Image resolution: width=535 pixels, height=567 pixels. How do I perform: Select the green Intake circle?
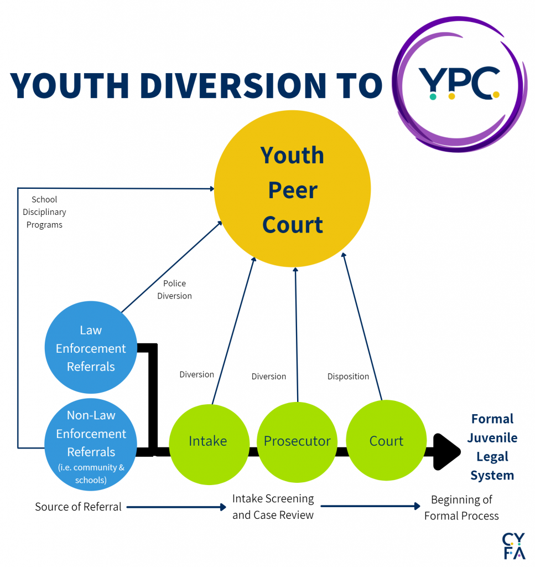[x=207, y=441]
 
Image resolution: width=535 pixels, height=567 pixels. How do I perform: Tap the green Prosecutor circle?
[x=297, y=441]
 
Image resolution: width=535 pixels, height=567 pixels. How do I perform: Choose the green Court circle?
[x=386, y=441]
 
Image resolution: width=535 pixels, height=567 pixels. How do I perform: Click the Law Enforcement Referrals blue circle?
[x=91, y=348]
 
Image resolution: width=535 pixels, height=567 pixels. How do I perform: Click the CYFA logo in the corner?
[x=513, y=547]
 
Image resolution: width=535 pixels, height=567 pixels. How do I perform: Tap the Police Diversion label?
[x=174, y=290]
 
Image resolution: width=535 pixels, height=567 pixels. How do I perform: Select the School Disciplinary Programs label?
[x=44, y=212]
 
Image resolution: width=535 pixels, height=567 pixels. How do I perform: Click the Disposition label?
[x=348, y=377]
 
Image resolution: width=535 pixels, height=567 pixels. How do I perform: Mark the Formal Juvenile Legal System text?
[x=492, y=447]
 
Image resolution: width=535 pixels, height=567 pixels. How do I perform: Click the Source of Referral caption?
[x=78, y=507]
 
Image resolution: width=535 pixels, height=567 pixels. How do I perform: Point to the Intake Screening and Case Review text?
[x=273, y=507]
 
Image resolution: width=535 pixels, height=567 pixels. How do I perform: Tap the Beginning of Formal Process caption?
[x=461, y=508]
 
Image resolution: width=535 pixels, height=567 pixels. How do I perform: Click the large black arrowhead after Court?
[x=446, y=452]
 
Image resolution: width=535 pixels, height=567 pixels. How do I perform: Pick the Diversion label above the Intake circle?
[x=196, y=375]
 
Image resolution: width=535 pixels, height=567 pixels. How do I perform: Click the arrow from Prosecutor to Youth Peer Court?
[x=297, y=332]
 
